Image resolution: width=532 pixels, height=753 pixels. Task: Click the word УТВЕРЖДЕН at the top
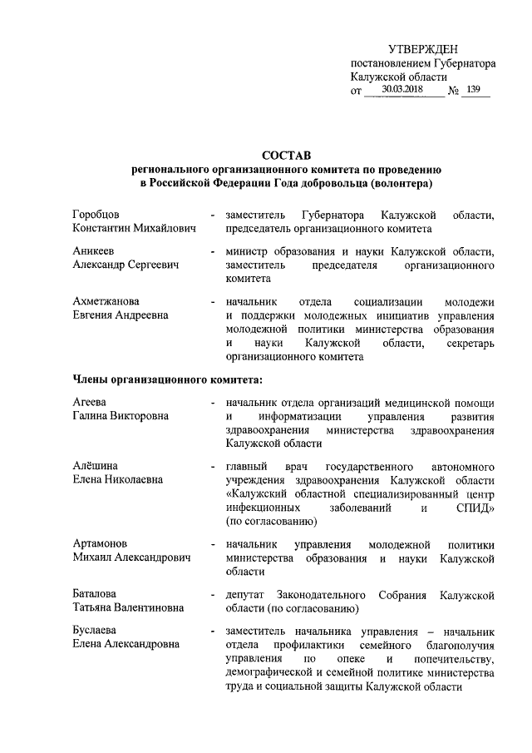pos(423,51)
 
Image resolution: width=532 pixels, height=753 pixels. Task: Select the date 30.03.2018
pos(401,89)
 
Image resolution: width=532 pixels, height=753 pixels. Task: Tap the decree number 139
pos(475,89)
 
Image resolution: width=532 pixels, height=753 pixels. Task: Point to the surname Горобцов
pos(96,215)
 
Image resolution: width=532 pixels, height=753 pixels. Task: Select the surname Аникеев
pos(92,252)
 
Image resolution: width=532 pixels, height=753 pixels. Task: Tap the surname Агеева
pos(89,403)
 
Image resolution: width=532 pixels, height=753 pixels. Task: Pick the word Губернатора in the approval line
pos(457,63)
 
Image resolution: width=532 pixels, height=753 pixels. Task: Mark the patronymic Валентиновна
pos(149,608)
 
